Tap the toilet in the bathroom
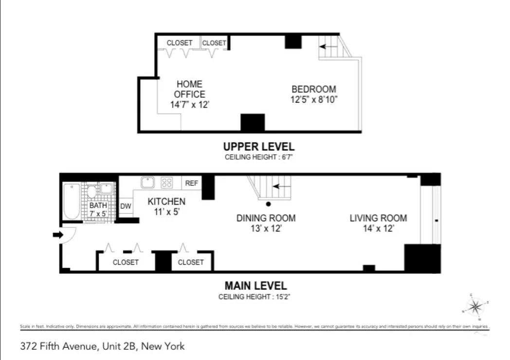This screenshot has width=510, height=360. (91, 191)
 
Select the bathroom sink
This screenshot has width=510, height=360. (106, 188)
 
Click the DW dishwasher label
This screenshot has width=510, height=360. (126, 206)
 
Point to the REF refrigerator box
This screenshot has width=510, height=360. (191, 183)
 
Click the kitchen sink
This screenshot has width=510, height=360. (147, 182)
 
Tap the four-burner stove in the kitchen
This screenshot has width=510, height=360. (166, 182)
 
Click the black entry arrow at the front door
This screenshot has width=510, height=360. (57, 235)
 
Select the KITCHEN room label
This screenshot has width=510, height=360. (166, 201)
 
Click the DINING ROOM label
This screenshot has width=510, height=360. (266, 218)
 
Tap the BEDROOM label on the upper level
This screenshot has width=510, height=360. (313, 90)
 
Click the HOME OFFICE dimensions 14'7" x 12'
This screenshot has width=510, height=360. (189, 105)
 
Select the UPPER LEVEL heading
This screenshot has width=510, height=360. (258, 146)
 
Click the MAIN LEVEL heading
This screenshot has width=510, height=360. (255, 286)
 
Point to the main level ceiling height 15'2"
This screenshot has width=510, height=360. (255, 296)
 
